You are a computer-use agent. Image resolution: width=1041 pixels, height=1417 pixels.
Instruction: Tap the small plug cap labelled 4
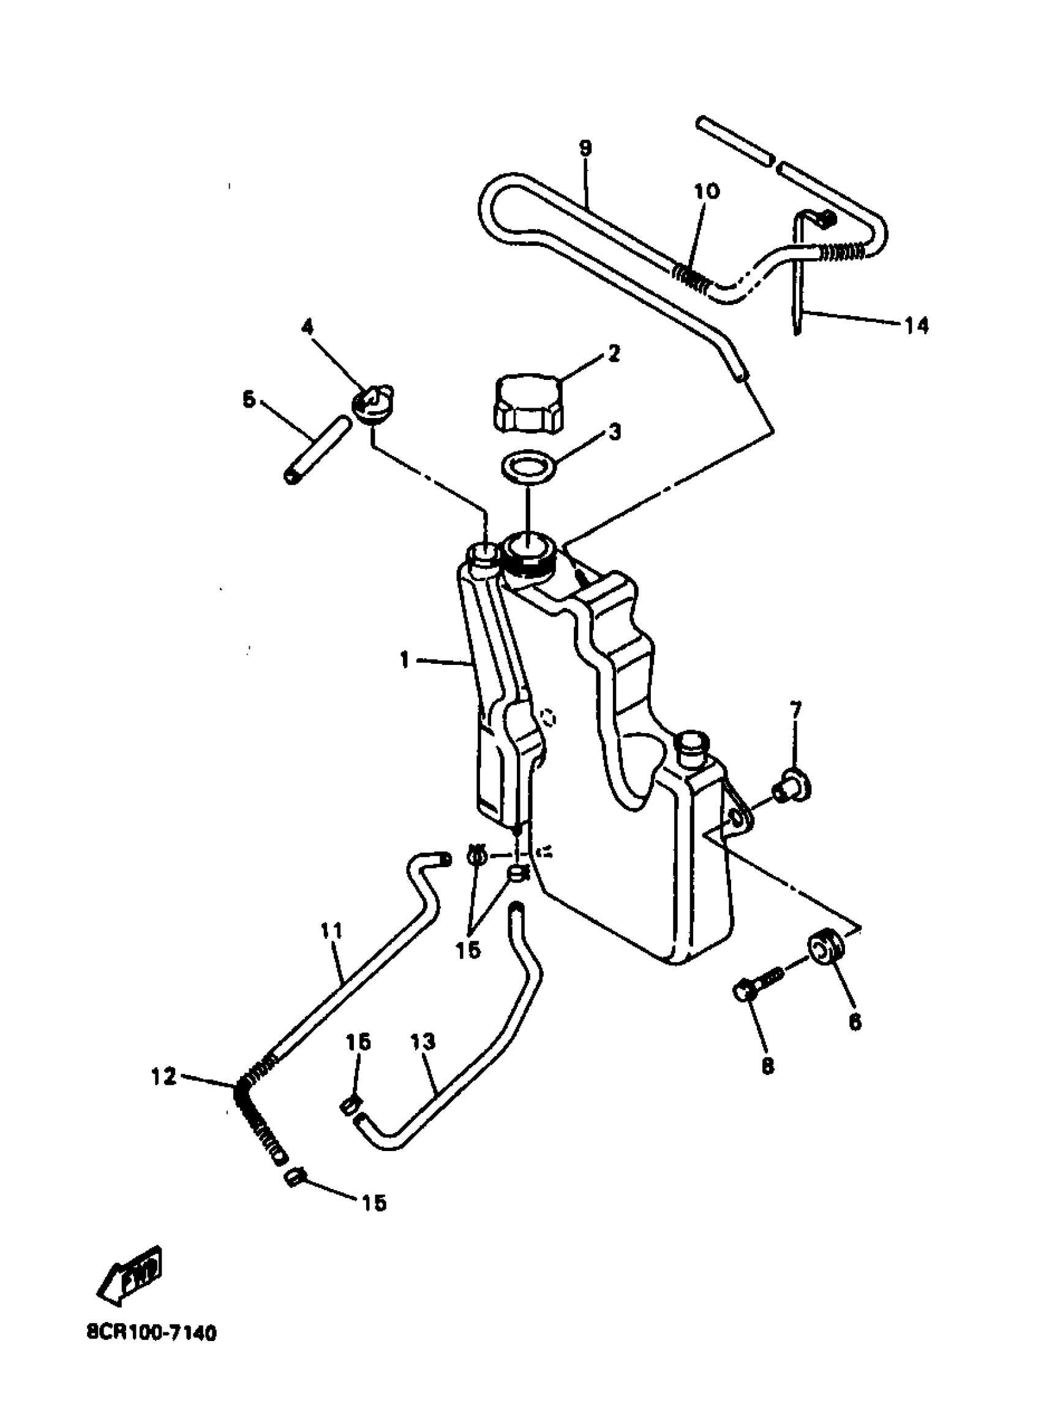pos(372,405)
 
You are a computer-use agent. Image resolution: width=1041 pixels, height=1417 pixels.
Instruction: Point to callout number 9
pos(585,149)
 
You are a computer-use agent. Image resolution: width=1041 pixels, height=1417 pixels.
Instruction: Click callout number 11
pos(331,931)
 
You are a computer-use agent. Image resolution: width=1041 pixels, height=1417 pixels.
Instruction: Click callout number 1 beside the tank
pos(405,660)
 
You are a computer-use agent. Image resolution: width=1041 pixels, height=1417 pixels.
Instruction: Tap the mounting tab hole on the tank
pos(737,819)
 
